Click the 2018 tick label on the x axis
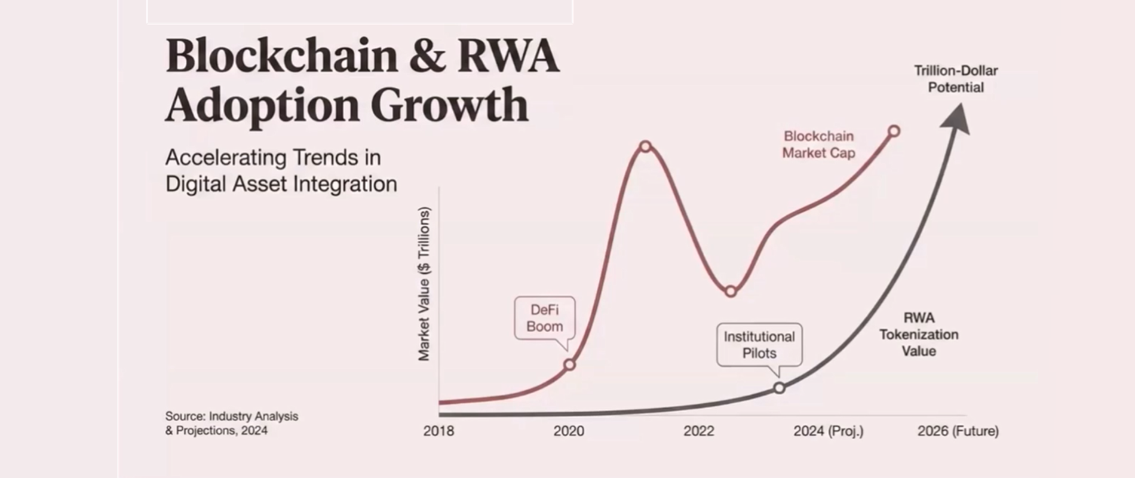(x=438, y=431)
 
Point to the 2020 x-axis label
(x=569, y=431)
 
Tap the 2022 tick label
(x=698, y=431)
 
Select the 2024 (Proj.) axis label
(x=828, y=431)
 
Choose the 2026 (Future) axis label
(x=958, y=431)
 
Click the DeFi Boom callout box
(x=544, y=318)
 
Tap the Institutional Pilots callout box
(x=759, y=345)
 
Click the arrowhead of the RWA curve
(x=956, y=118)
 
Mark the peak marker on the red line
(x=645, y=146)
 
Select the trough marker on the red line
(x=731, y=292)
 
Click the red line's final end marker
(x=894, y=131)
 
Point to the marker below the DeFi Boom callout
(x=569, y=364)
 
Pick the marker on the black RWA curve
(x=779, y=388)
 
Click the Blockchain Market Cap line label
(x=818, y=145)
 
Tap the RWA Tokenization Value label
(x=918, y=335)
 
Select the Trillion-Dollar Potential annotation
(x=956, y=79)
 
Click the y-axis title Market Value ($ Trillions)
(x=424, y=284)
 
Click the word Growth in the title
(x=449, y=105)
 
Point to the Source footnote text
(x=232, y=423)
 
